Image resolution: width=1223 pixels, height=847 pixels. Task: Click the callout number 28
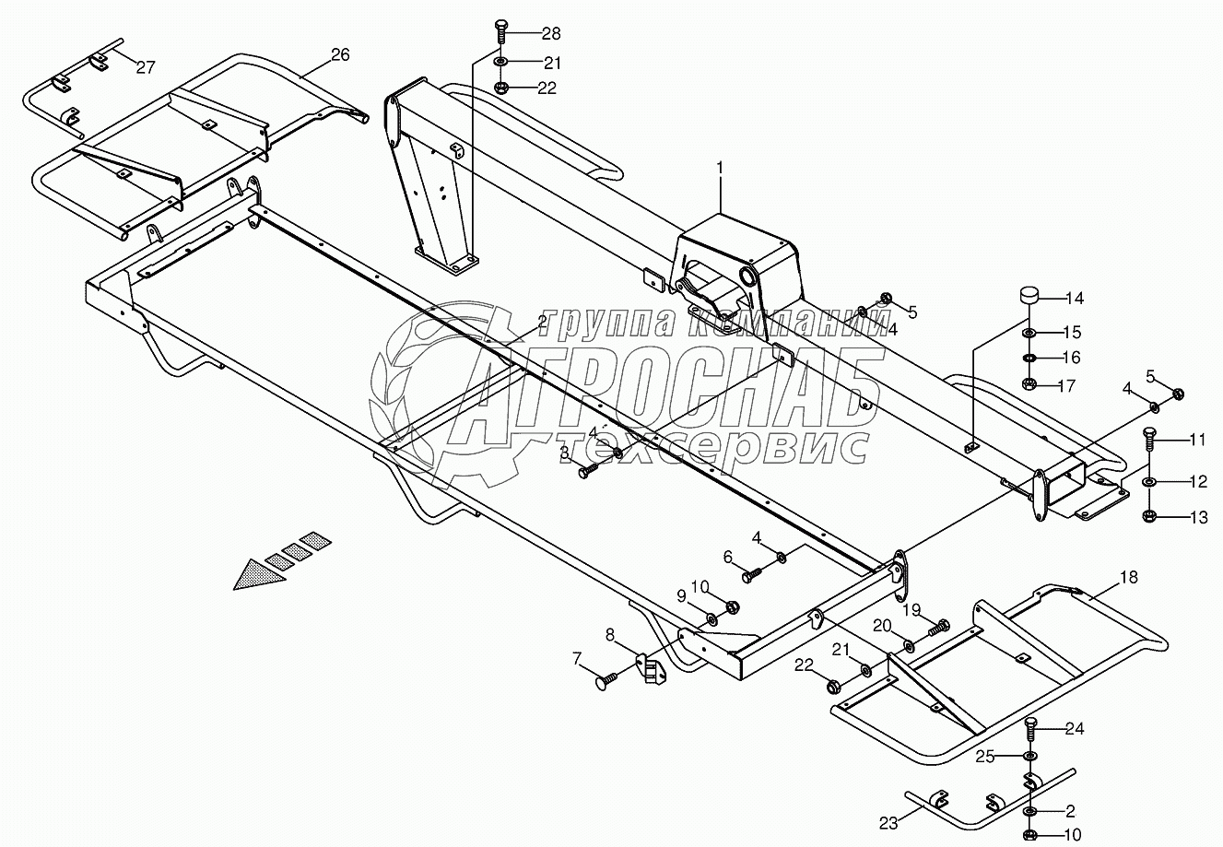pos(551,34)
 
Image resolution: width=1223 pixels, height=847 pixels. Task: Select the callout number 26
pos(340,54)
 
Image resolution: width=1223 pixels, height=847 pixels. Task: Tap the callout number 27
pos(146,67)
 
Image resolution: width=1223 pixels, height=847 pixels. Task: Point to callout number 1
pos(720,168)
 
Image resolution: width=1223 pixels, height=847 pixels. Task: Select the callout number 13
pos(1199,517)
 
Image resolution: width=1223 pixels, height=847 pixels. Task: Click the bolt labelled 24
pos(1029,730)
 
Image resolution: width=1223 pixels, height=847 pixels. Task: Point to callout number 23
pos(888,824)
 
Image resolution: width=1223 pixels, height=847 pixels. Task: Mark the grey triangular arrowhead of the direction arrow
pos(260,575)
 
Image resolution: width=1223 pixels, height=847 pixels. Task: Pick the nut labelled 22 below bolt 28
pos(500,88)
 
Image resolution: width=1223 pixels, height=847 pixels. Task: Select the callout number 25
pos(985,757)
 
